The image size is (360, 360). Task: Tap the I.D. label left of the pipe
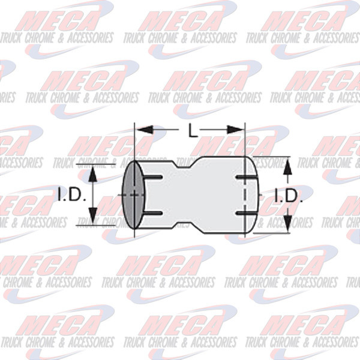[x=73, y=194]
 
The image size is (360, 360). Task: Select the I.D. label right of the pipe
[x=289, y=195]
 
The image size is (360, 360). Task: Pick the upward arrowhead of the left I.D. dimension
[x=93, y=173]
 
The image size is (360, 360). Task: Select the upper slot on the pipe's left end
[x=153, y=177]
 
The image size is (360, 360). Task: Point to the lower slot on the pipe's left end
[x=153, y=212]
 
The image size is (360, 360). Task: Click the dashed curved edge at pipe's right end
[x=252, y=195]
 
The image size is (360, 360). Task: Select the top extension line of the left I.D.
[x=93, y=163]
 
